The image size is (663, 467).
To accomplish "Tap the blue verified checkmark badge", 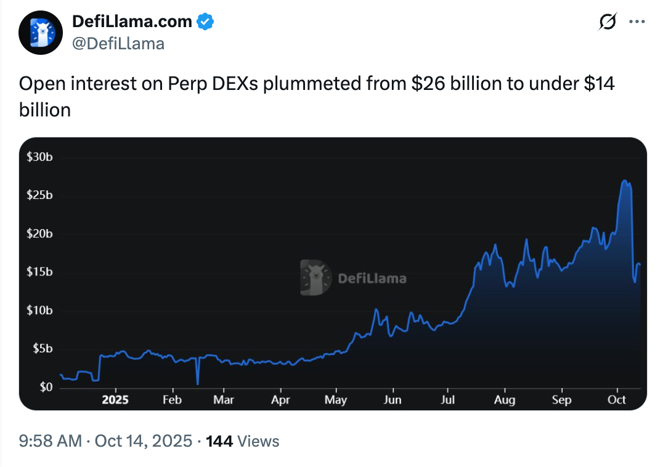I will coord(205,22).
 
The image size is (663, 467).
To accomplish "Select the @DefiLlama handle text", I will coord(118,43).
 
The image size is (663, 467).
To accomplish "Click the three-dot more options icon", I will coord(636,22).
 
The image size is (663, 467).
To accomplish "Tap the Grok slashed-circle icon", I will coord(608,22).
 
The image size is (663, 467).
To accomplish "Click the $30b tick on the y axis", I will coord(39,156).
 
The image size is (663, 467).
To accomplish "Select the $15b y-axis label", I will coord(39,272).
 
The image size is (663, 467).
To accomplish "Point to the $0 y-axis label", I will coord(45,387).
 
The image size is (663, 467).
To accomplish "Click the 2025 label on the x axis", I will coord(115,400).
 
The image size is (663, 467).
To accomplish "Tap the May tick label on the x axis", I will coord(336,400).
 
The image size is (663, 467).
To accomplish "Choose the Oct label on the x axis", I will coord(617,400).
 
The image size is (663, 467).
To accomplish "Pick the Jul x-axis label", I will coord(448,400).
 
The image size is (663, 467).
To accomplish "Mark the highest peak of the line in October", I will coord(625,181).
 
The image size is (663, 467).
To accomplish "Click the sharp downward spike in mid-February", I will coord(197,384).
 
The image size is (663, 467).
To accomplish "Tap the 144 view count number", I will coord(219,441).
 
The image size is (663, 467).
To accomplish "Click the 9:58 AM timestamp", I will coord(51,441).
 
